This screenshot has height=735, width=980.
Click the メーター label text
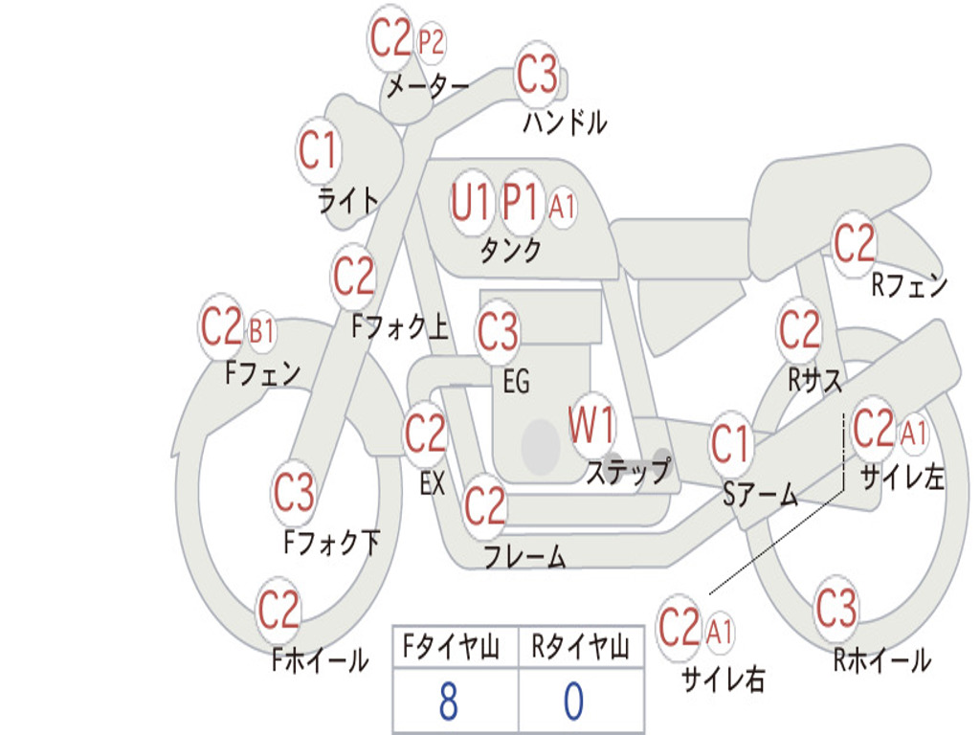click(428, 86)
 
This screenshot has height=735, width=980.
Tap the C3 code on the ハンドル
click(537, 74)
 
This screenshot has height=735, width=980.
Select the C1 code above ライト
click(318, 150)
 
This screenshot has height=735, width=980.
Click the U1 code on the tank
click(469, 202)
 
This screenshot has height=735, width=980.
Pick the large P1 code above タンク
click(521, 202)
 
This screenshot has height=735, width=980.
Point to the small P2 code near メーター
click(431, 42)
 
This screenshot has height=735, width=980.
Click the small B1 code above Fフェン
click(261, 331)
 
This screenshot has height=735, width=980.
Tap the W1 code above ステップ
click(590, 424)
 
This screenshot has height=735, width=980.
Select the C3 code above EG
click(498, 330)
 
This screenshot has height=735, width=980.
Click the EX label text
click(433, 482)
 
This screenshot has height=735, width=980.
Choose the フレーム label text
click(525, 556)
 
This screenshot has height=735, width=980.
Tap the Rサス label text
click(814, 380)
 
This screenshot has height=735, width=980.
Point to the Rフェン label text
click(909, 285)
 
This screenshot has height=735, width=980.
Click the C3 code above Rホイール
click(835, 608)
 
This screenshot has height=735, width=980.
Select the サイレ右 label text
click(724, 679)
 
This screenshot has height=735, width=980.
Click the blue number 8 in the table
click(449, 701)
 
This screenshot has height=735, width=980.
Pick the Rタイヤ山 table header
click(581, 647)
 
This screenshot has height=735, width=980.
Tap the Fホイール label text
click(320, 660)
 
